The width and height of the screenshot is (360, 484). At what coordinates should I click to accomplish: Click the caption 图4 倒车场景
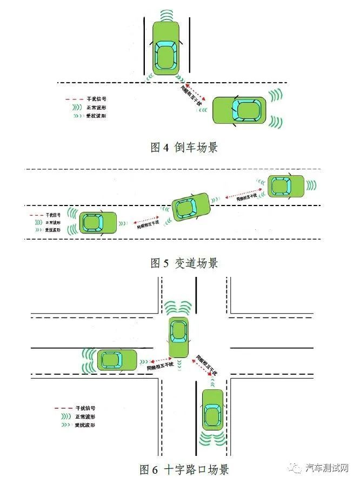tap(184, 147)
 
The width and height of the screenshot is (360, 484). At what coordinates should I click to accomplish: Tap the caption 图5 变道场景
tap(184, 263)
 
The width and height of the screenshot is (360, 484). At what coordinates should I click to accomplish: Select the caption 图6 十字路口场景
tap(184, 469)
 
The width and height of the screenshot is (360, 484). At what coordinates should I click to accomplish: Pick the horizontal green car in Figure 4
tap(239, 110)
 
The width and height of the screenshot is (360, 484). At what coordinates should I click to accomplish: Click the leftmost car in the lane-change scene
tap(98, 222)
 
